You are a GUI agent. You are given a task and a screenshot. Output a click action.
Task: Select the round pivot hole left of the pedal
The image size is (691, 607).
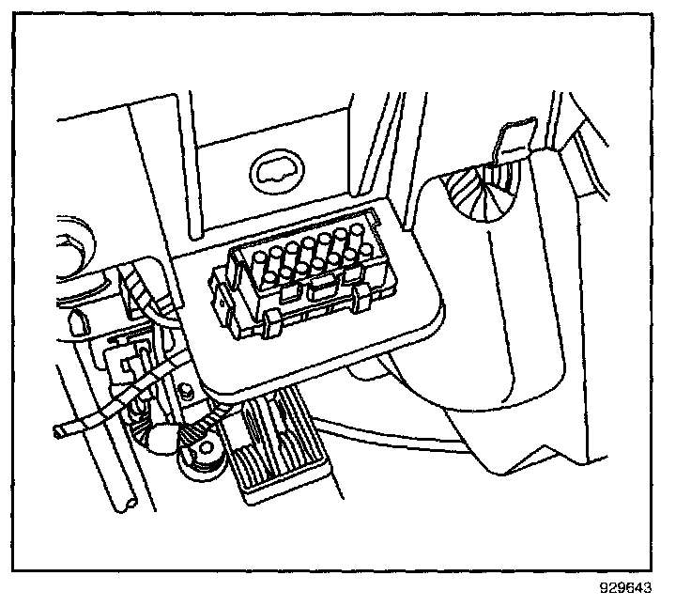[x=204, y=448]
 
